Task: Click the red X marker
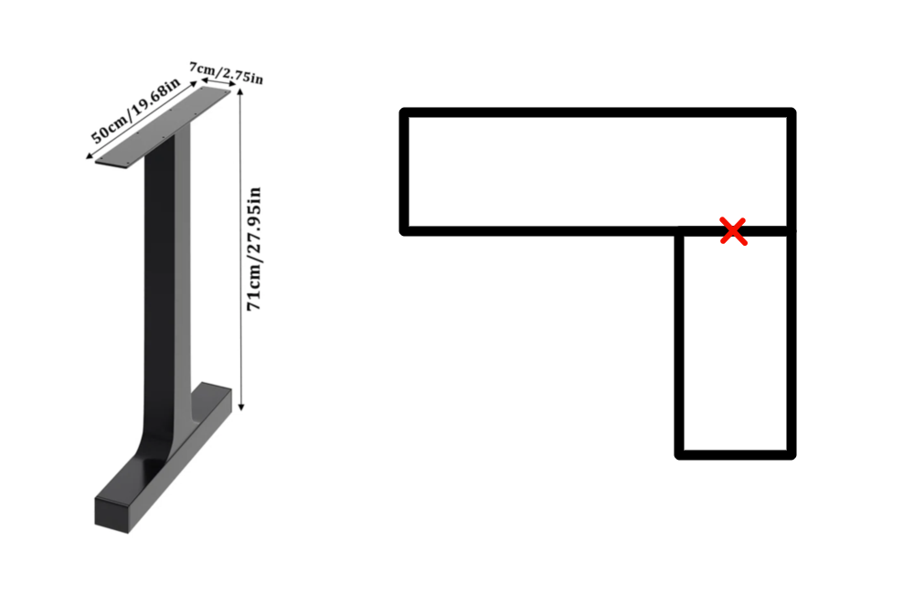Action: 733,231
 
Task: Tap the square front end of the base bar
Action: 117,514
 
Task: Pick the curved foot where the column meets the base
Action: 161,448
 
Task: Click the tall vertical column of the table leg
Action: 170,274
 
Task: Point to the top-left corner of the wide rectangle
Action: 405,112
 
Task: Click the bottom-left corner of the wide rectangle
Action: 405,230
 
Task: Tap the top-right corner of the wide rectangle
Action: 792,112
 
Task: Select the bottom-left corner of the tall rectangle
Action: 679,453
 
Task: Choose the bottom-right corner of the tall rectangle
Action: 792,453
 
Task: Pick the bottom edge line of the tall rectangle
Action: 736,453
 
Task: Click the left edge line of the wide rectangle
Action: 405,172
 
